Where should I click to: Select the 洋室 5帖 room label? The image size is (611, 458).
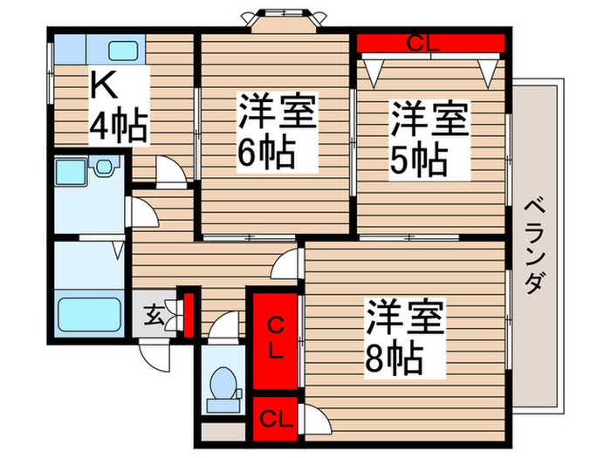(x=428, y=139)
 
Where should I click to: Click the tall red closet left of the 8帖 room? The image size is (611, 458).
(x=274, y=340)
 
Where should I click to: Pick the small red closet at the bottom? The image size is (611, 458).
(x=274, y=415)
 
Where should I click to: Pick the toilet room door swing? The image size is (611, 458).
(x=224, y=327)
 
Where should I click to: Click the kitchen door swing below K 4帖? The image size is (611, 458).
(x=170, y=172)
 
